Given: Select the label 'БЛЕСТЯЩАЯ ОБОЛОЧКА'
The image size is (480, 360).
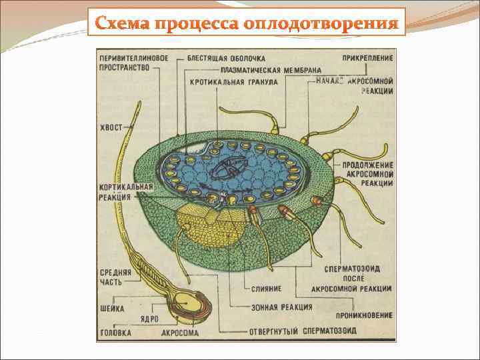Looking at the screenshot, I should click(x=226, y=58).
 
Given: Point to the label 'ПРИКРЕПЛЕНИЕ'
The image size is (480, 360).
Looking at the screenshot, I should click(x=367, y=58).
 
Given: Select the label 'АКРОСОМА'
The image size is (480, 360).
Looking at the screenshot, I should click(x=180, y=331).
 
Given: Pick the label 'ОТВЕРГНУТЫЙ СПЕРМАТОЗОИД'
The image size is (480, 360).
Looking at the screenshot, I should click(x=303, y=331).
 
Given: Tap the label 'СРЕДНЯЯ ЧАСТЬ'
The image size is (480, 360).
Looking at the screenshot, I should click(x=115, y=277).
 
